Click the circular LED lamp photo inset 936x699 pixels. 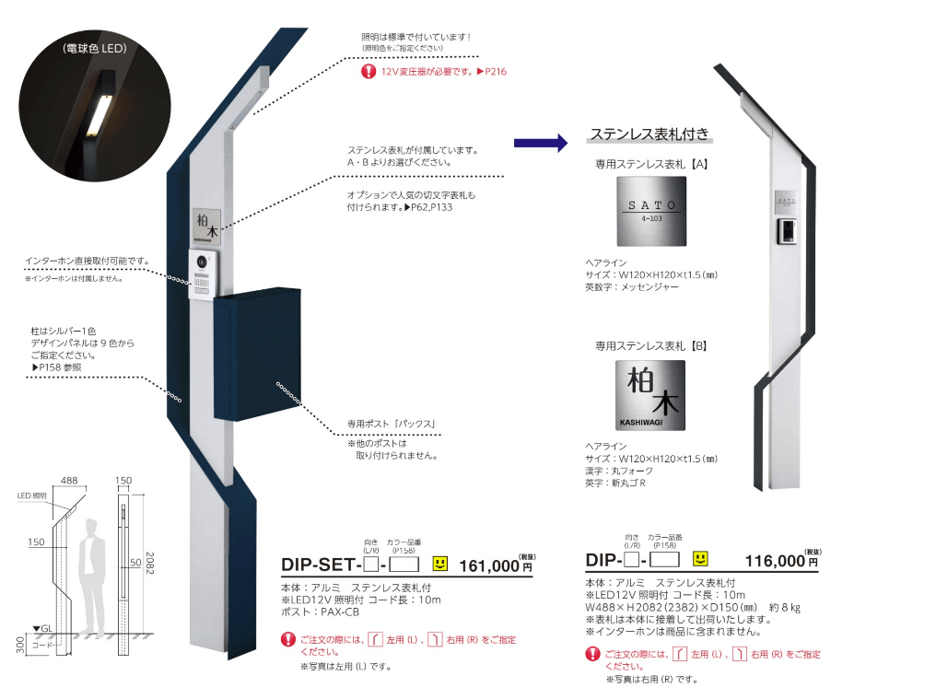pos(98,103)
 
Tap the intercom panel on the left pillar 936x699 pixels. pos(203,275)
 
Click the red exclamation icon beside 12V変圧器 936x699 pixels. pos(369,71)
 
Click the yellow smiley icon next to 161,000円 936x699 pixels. pos(439,562)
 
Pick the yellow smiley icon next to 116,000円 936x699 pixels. pos(701,559)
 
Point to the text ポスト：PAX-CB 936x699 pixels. pos(320,612)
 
